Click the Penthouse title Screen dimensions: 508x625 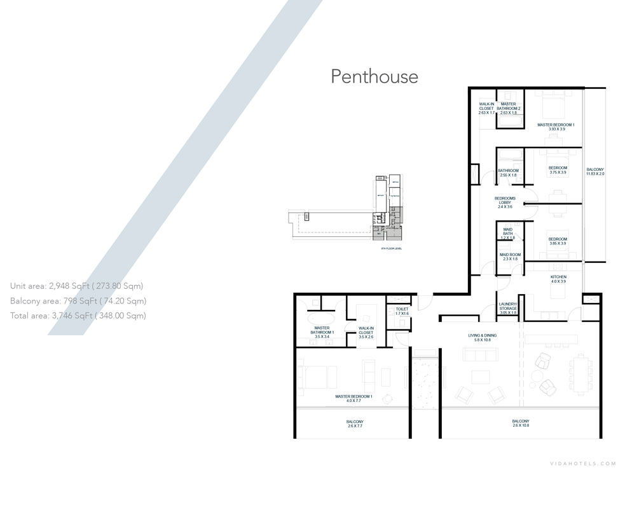pos(374,77)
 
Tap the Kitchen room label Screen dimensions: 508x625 pos(558,280)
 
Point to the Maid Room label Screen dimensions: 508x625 pos(509,257)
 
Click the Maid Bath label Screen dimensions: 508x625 pos(507,233)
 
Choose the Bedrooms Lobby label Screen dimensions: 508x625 pos(505,203)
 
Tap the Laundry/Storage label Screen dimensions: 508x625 pos(508,309)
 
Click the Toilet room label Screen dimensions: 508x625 pos(401,312)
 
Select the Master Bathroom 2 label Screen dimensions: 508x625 pos(509,109)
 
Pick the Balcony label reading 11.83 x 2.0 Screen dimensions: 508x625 pos(595,171)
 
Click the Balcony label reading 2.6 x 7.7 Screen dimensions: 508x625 pos(355,424)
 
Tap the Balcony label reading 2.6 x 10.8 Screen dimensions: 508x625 pos(520,424)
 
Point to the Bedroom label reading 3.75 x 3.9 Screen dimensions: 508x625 pos(558,170)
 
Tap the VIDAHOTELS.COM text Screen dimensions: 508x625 pos(583,464)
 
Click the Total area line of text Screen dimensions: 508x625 pos(78,315)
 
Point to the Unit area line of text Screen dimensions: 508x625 pos(77,286)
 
